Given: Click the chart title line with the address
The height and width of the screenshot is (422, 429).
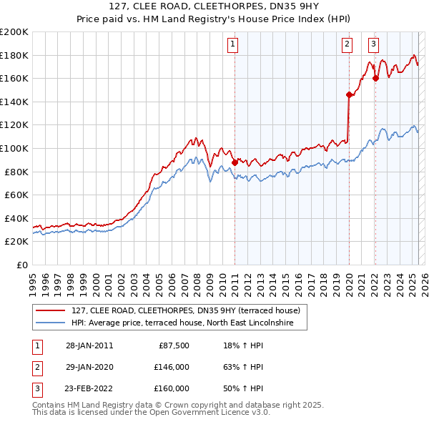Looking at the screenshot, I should click(214, 9).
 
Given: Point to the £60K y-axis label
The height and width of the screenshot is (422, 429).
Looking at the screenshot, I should click(16, 195).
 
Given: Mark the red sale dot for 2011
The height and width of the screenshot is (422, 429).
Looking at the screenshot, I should click(235, 163).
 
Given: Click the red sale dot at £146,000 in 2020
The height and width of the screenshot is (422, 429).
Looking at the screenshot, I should click(349, 94).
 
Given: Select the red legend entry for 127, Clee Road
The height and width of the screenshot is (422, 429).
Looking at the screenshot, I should click(189, 310).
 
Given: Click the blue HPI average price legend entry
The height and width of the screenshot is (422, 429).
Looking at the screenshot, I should click(189, 323).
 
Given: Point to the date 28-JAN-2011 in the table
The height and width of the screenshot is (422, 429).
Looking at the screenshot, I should click(89, 345).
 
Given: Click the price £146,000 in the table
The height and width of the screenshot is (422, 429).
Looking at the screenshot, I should click(172, 367).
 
